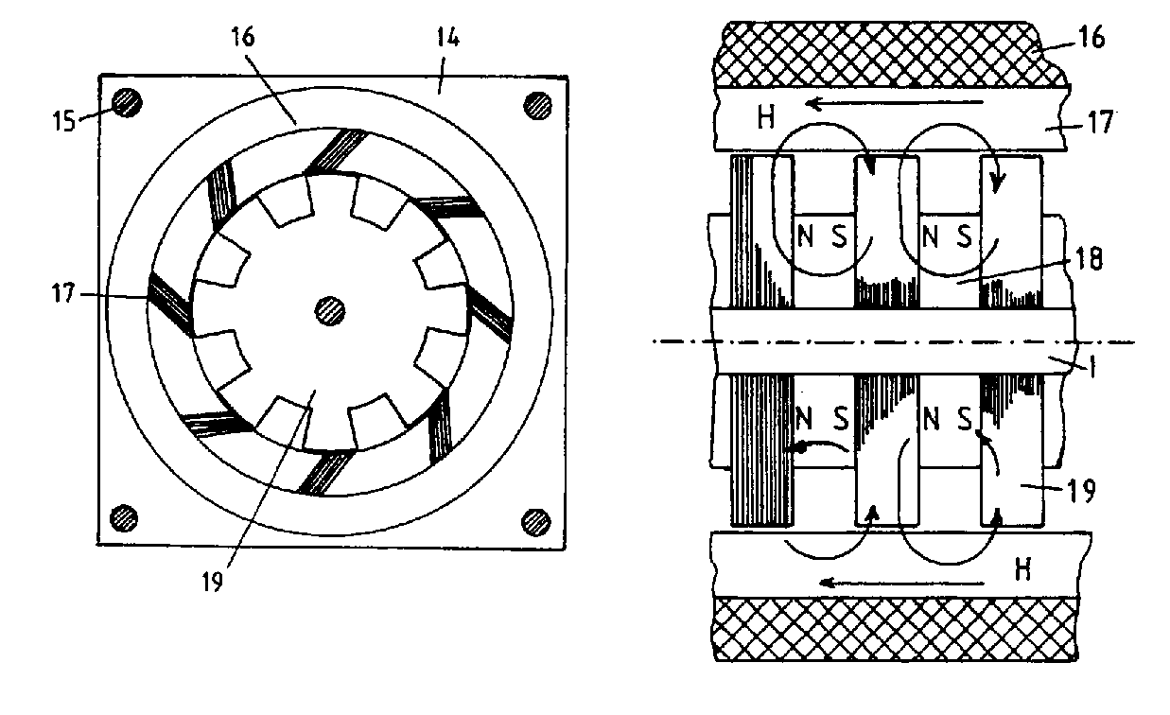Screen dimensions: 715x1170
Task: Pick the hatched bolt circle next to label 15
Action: (x=127, y=102)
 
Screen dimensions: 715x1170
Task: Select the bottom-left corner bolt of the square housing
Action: (x=123, y=517)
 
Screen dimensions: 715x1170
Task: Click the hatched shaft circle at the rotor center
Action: (x=330, y=308)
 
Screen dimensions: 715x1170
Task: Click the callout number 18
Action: (x=1091, y=261)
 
